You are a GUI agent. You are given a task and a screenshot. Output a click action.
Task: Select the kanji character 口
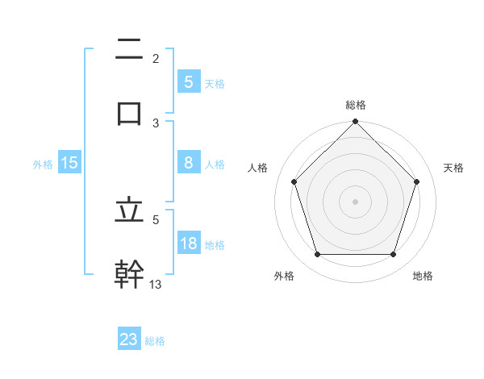click(129, 111)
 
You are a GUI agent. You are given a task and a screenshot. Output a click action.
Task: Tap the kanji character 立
click(129, 211)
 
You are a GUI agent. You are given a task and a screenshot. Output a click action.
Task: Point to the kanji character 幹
click(129, 273)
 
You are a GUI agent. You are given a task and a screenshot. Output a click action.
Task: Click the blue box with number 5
click(188, 81)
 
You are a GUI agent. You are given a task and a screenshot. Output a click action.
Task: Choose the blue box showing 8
click(188, 163)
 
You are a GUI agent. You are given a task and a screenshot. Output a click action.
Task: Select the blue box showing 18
click(188, 244)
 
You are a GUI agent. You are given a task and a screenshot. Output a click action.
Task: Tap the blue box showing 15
click(69, 163)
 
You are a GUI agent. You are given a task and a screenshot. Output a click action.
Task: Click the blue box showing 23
click(129, 339)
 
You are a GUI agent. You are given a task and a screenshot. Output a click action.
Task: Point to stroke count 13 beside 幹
click(156, 284)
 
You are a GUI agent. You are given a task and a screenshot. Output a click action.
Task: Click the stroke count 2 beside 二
click(156, 58)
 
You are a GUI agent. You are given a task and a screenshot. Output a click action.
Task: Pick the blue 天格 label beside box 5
click(215, 83)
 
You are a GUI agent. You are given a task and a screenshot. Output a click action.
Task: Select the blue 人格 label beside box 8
click(215, 165)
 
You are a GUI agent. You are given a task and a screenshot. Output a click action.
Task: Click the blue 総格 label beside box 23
click(156, 341)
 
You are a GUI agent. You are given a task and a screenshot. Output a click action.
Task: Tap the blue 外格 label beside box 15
click(43, 165)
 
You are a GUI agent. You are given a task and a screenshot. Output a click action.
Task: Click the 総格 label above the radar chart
click(356, 105)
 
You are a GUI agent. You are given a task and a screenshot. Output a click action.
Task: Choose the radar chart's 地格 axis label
click(423, 276)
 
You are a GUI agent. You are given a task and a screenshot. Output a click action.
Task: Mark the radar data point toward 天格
click(417, 181)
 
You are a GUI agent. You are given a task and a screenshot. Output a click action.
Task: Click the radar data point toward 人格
click(294, 181)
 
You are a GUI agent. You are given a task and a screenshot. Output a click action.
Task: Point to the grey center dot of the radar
click(356, 201)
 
